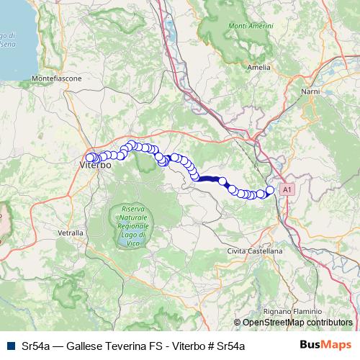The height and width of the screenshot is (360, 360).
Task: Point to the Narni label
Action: [x=310, y=92]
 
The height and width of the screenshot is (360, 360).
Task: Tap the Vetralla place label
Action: [x=69, y=233]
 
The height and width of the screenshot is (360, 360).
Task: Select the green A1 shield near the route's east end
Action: [x=287, y=189]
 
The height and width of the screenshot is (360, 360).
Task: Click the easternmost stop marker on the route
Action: [x=270, y=190]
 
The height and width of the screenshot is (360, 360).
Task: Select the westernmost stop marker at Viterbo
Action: [x=90, y=158]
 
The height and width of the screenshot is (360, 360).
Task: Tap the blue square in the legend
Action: [x=11, y=346]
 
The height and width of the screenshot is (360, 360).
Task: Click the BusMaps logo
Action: [x=326, y=346]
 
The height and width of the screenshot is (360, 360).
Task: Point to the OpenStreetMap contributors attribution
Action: [x=297, y=323]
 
